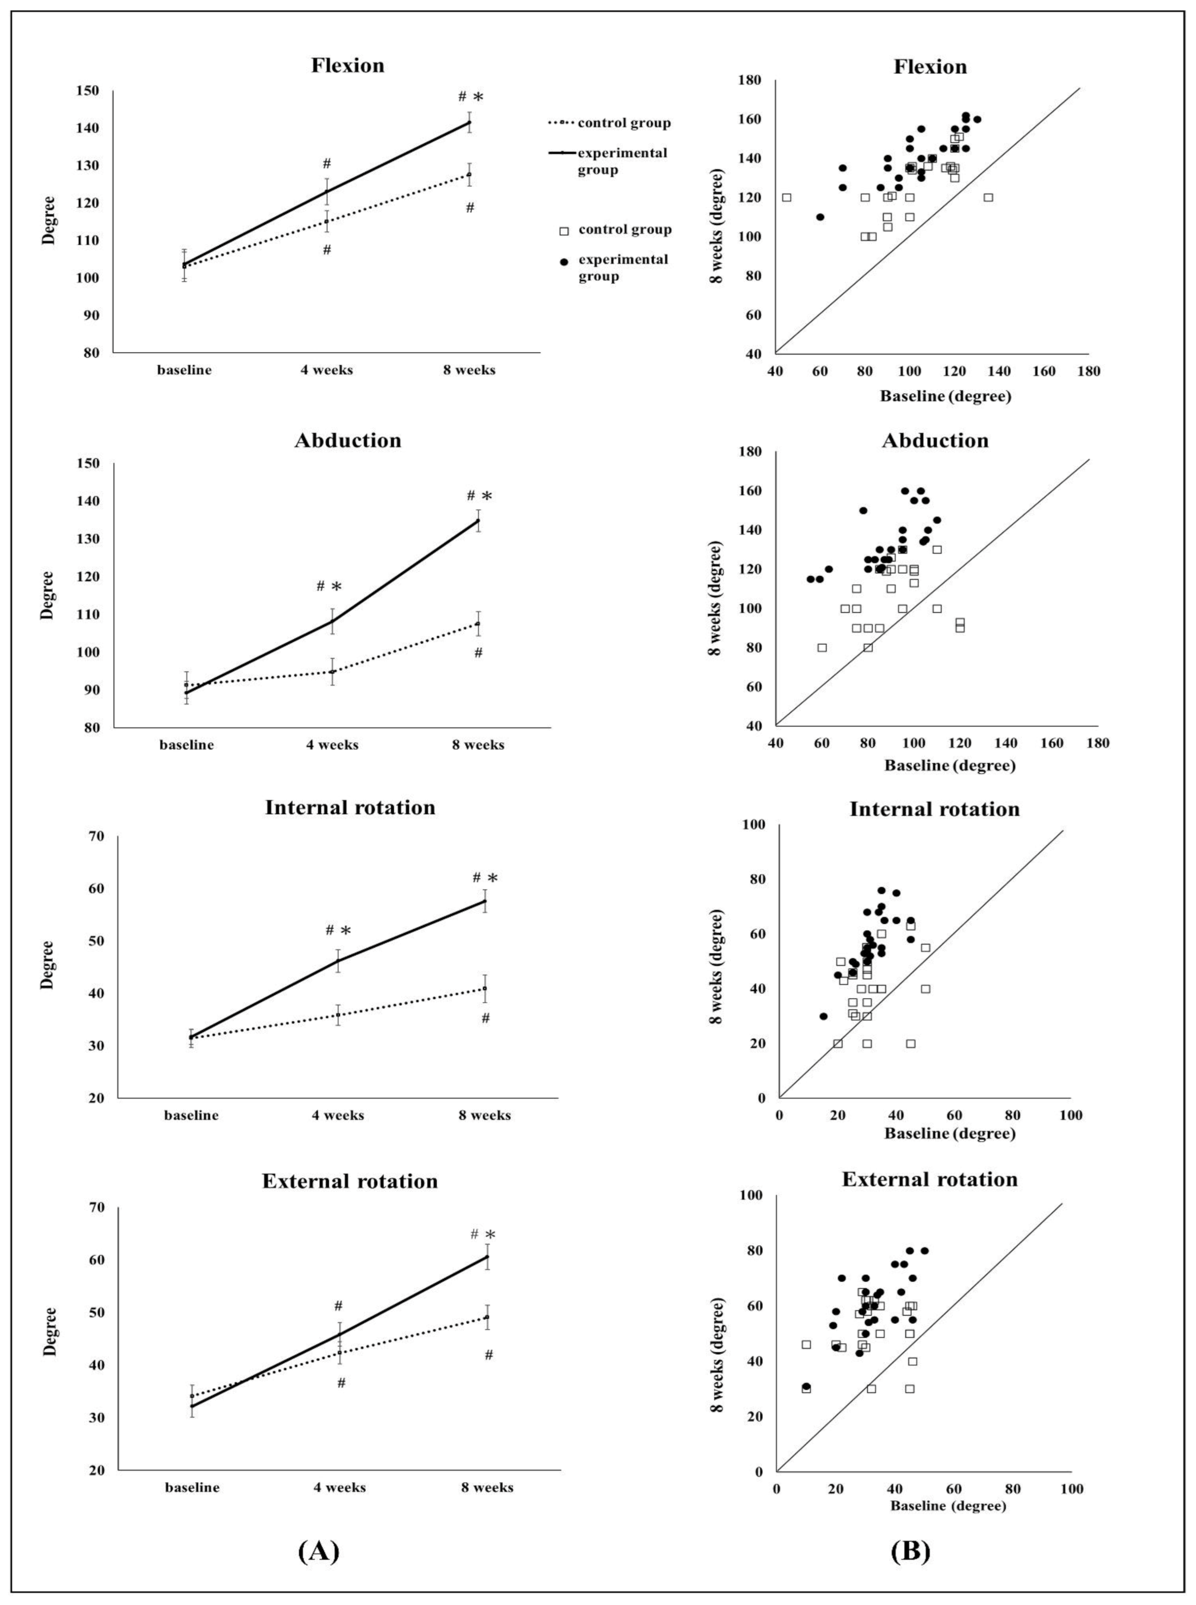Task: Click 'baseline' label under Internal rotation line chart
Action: tap(191, 1116)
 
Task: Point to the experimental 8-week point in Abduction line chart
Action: tap(478, 521)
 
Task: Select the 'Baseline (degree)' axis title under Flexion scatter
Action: tap(946, 397)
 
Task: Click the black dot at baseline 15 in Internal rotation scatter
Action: tap(823, 1017)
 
